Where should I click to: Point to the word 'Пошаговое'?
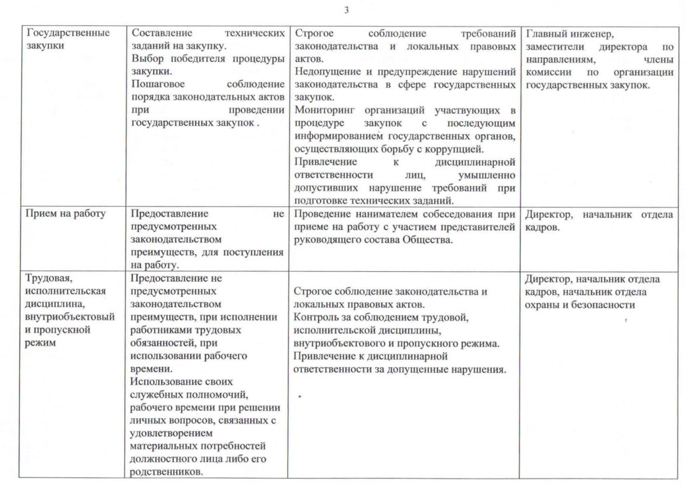tap(158, 84)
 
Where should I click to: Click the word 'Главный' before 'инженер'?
tap(545, 33)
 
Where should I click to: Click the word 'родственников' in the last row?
tap(166, 471)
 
